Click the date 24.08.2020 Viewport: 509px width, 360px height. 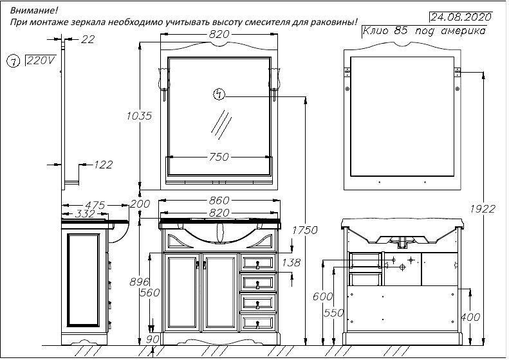(x=461, y=16)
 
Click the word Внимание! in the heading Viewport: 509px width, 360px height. (x=33, y=11)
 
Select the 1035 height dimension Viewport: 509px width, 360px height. (x=140, y=116)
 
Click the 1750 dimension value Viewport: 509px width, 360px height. (x=305, y=230)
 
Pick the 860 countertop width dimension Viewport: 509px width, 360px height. (x=219, y=201)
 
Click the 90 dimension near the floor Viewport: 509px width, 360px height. (x=153, y=339)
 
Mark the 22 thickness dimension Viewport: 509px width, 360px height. (x=88, y=40)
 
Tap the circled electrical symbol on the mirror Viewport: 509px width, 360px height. (x=219, y=95)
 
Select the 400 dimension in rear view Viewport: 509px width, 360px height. (x=469, y=317)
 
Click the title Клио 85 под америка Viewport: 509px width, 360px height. (x=423, y=31)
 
